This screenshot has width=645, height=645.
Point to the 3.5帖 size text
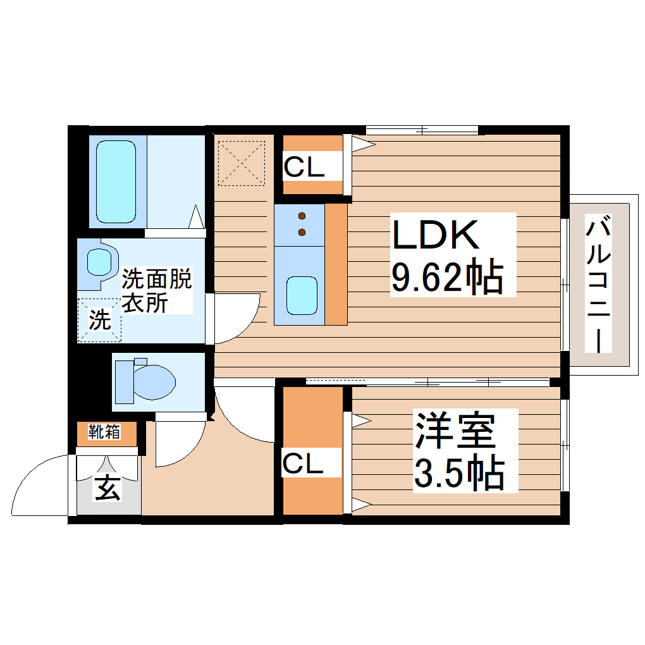458,472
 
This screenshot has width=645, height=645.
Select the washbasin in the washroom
99,260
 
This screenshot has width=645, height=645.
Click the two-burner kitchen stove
301,224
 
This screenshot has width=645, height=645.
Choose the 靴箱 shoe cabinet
105,433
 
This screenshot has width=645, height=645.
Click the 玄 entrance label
108,488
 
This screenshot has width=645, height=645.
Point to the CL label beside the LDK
304,168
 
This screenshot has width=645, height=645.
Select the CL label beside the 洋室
303,464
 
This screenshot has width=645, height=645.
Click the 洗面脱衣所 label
156,291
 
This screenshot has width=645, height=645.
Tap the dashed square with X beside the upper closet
242,163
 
